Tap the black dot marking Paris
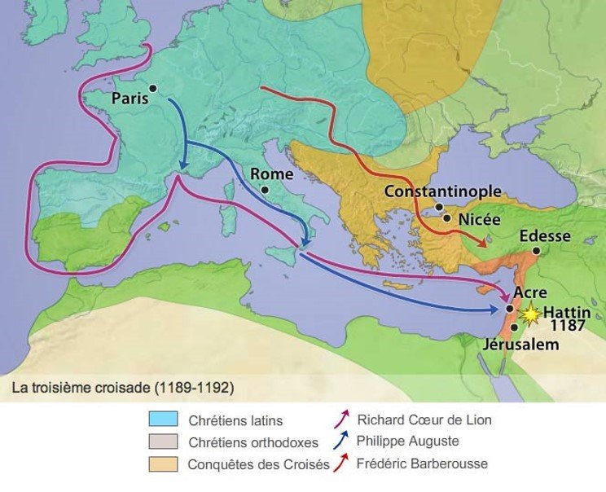[x=152, y=88]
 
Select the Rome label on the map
[x=271, y=174]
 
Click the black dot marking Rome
[x=264, y=189]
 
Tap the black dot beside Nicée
[x=446, y=217]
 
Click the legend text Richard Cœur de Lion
[x=424, y=420]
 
